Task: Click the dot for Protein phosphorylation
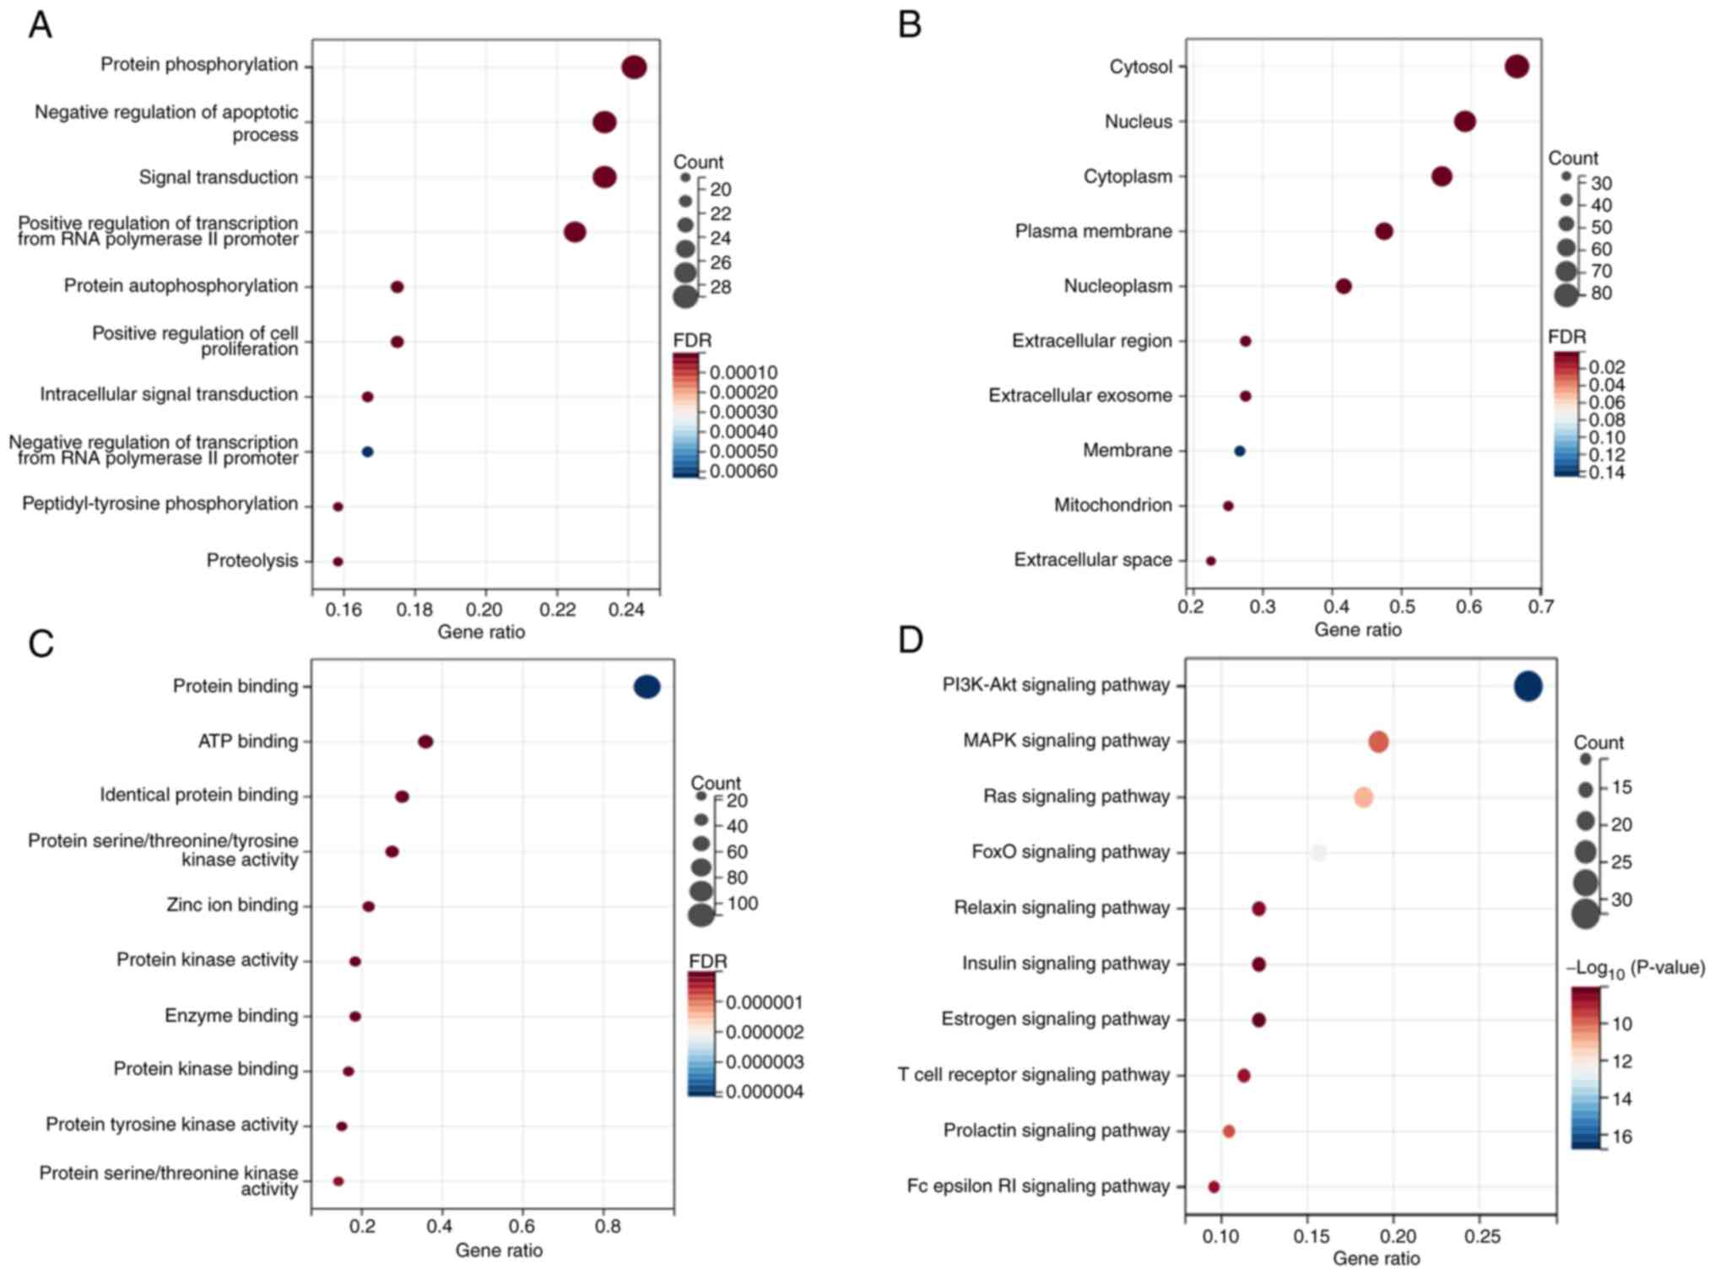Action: click(x=634, y=67)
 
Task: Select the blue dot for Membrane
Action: click(x=1239, y=451)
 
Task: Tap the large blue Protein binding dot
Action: click(x=647, y=687)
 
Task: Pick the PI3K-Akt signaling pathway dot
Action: click(x=1528, y=687)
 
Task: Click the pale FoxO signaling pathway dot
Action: click(x=1319, y=853)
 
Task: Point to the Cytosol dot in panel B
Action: click(x=1516, y=67)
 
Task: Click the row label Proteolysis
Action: click(x=252, y=561)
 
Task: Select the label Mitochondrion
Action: click(x=1112, y=505)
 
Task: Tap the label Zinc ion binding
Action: click(x=232, y=905)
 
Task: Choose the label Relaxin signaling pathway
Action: click(x=1062, y=908)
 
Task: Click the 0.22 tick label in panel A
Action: click(x=556, y=610)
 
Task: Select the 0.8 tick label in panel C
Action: click(x=607, y=1226)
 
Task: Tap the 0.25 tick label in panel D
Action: click(x=1482, y=1237)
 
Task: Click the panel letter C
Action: click(x=41, y=644)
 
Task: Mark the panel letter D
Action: click(x=910, y=640)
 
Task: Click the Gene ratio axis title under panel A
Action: click(x=481, y=633)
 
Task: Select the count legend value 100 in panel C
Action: click(x=743, y=904)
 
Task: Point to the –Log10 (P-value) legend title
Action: click(x=1635, y=969)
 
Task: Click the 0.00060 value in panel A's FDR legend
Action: click(x=743, y=472)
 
